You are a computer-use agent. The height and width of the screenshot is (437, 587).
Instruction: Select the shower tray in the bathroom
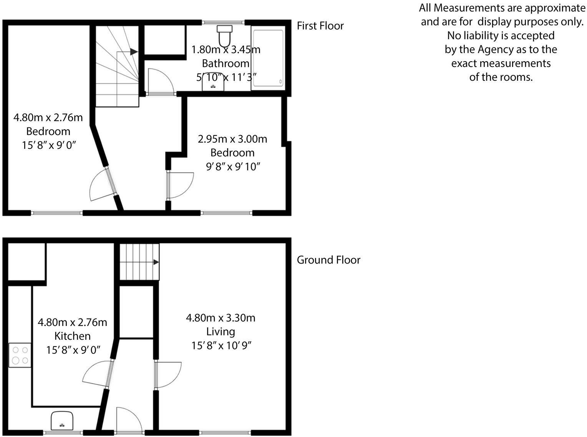268,58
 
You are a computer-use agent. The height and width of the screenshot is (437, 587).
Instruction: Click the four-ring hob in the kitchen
20,355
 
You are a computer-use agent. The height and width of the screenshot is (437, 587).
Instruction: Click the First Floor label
320,26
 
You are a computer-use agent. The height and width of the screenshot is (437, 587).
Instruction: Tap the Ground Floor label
328,260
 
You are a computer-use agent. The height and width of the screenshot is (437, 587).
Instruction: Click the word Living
221,332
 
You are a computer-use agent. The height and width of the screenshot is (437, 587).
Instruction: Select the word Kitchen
72,336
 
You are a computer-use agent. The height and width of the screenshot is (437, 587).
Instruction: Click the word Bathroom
226,63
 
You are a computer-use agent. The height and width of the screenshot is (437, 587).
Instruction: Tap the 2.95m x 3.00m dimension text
232,138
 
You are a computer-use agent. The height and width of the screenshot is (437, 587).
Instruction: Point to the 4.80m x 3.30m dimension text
221,318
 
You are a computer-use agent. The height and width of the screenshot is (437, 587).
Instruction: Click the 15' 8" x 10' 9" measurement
221,345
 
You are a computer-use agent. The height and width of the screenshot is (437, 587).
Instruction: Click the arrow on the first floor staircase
133,52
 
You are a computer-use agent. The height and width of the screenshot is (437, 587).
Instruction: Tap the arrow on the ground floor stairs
156,262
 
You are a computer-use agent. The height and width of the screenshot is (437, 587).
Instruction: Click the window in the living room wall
226,432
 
